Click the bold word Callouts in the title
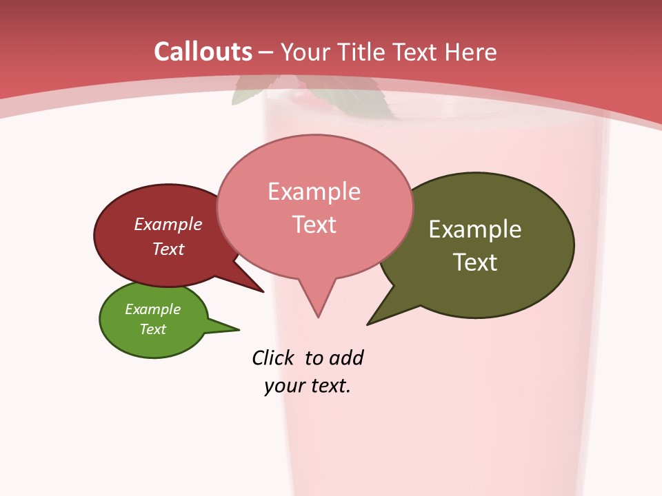coord(203,52)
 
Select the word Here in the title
coord(471,52)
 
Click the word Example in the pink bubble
coord(314,191)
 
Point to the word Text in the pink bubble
coord(314,224)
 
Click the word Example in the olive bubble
coord(475,229)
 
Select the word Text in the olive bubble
coord(475,262)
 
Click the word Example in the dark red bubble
coord(168,224)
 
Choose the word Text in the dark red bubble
coord(168,249)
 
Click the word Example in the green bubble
coord(153,309)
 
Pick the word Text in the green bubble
coord(153,329)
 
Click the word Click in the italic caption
coord(272,358)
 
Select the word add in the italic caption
coord(346,358)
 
